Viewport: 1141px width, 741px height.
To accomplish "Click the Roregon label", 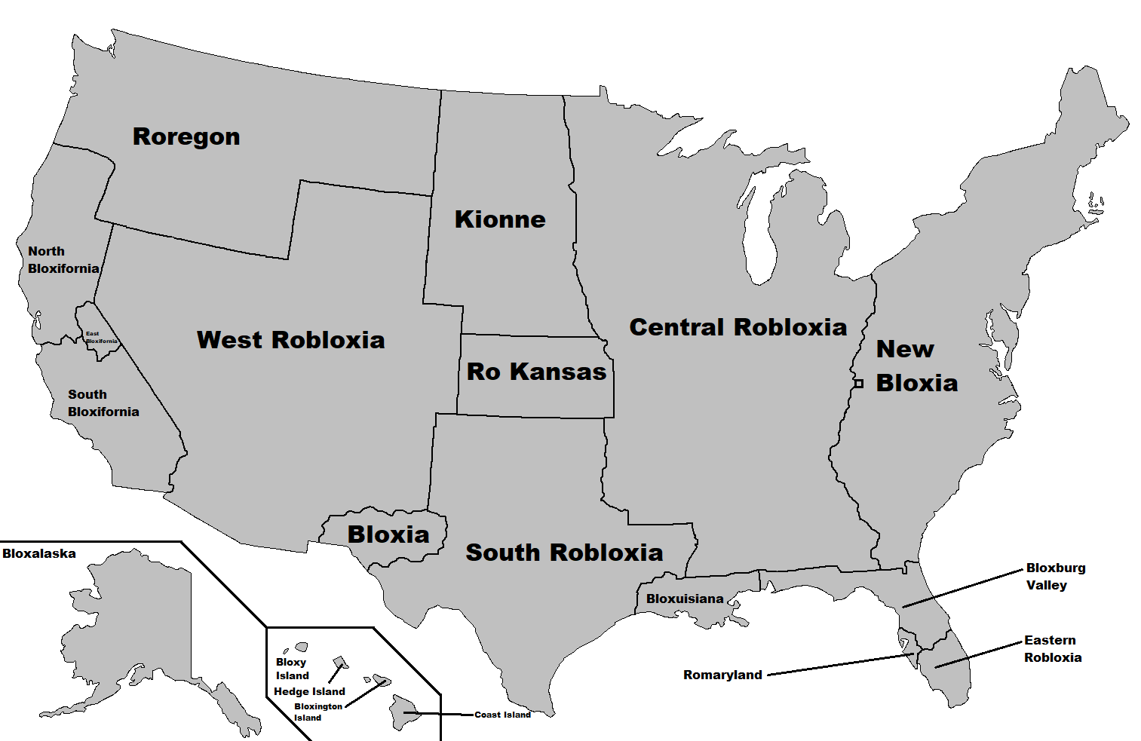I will coord(186,136).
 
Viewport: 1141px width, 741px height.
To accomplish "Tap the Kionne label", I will coord(500,219).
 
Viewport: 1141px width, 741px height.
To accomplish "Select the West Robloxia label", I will coord(290,340).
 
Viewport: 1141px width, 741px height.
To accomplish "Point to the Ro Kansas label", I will coord(536,372).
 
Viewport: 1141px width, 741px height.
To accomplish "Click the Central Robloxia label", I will coord(738,327).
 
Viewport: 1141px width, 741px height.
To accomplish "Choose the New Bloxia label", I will coord(916,366).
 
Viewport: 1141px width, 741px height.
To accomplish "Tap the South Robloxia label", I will coord(564,553).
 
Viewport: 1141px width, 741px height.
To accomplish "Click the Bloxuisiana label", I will coord(685,599).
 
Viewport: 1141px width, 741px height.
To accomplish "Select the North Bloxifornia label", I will coord(63,260).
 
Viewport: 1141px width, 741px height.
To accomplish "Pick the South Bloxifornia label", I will coord(103,403).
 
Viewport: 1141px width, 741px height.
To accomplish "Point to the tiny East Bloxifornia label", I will coord(101,338).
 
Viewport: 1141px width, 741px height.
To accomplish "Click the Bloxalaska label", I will coord(39,554).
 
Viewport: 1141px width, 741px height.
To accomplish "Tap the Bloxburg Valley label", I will coord(1055,577).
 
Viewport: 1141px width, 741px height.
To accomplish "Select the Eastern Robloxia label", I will coord(1052,649).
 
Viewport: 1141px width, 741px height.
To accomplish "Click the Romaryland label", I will coord(722,675).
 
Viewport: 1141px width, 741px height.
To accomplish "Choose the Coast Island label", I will coord(502,715).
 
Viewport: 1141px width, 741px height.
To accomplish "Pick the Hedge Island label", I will coord(309,692).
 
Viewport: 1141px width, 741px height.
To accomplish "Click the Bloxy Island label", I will coord(292,669).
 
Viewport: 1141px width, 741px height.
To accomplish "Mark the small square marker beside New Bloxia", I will coord(858,384).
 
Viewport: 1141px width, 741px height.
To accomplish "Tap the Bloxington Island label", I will coord(317,712).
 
